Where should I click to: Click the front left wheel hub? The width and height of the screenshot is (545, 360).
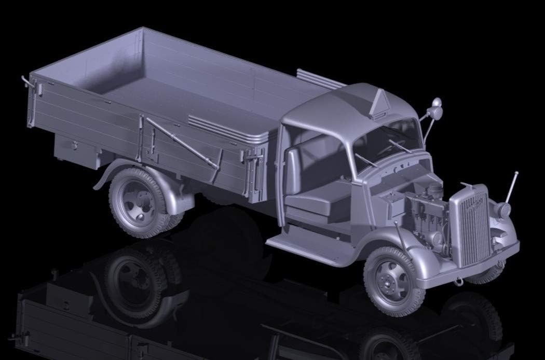[387, 280]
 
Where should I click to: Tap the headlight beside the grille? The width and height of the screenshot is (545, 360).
[502, 210]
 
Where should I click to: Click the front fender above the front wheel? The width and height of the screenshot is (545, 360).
[394, 244]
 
